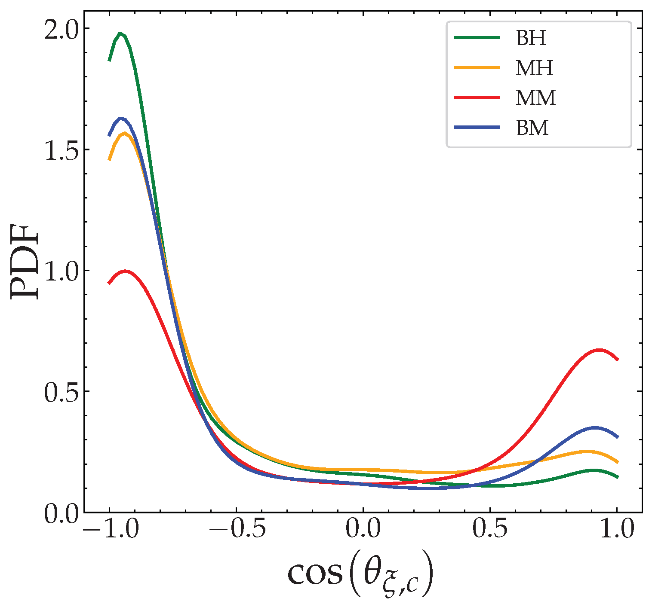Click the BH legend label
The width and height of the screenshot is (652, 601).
[x=531, y=38]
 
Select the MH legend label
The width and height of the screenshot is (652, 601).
[x=534, y=68]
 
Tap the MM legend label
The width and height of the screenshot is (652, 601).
[x=535, y=98]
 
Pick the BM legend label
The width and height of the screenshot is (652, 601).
[x=532, y=128]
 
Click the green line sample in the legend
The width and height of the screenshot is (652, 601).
[x=477, y=38]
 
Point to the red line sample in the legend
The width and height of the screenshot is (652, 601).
[x=477, y=98]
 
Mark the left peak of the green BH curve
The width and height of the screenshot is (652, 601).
[x=120, y=34]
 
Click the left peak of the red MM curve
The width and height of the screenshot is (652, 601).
[x=125, y=271]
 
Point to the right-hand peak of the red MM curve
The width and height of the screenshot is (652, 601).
[x=599, y=351]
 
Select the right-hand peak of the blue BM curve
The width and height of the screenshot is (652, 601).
[x=595, y=428]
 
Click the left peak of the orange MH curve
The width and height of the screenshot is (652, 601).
[x=125, y=133]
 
